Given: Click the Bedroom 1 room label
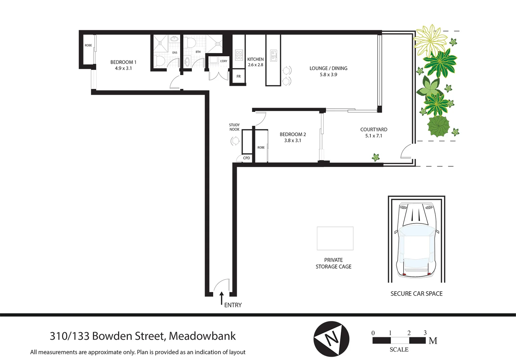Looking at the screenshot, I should pyautogui.click(x=123, y=62).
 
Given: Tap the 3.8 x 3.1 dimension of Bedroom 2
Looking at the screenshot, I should pyautogui.click(x=292, y=141).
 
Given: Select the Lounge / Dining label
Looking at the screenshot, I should pyautogui.click(x=328, y=68).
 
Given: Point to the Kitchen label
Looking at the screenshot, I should pyautogui.click(x=255, y=59).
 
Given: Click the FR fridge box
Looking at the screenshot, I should pyautogui.click(x=238, y=77).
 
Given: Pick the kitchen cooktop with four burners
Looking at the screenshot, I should pyautogui.click(x=239, y=55).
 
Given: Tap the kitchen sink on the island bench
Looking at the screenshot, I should pyautogui.click(x=274, y=56).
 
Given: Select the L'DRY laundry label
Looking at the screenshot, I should pyautogui.click(x=224, y=61).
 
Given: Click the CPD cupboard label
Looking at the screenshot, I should pyautogui.click(x=247, y=158).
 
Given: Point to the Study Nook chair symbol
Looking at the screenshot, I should pyautogui.click(x=235, y=141).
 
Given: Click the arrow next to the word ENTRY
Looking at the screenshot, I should pyautogui.click(x=222, y=298).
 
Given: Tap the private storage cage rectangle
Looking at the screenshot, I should pyautogui.click(x=335, y=238).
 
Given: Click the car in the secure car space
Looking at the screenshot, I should pyautogui.click(x=416, y=240).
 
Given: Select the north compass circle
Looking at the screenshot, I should pyautogui.click(x=331, y=339).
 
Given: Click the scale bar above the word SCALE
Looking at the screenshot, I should pyautogui.click(x=399, y=340).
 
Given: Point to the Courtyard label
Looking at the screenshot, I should pyautogui.click(x=373, y=130).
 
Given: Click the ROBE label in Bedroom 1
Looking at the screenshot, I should pyautogui.click(x=88, y=45).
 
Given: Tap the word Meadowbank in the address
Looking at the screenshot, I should pyautogui.click(x=202, y=336).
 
